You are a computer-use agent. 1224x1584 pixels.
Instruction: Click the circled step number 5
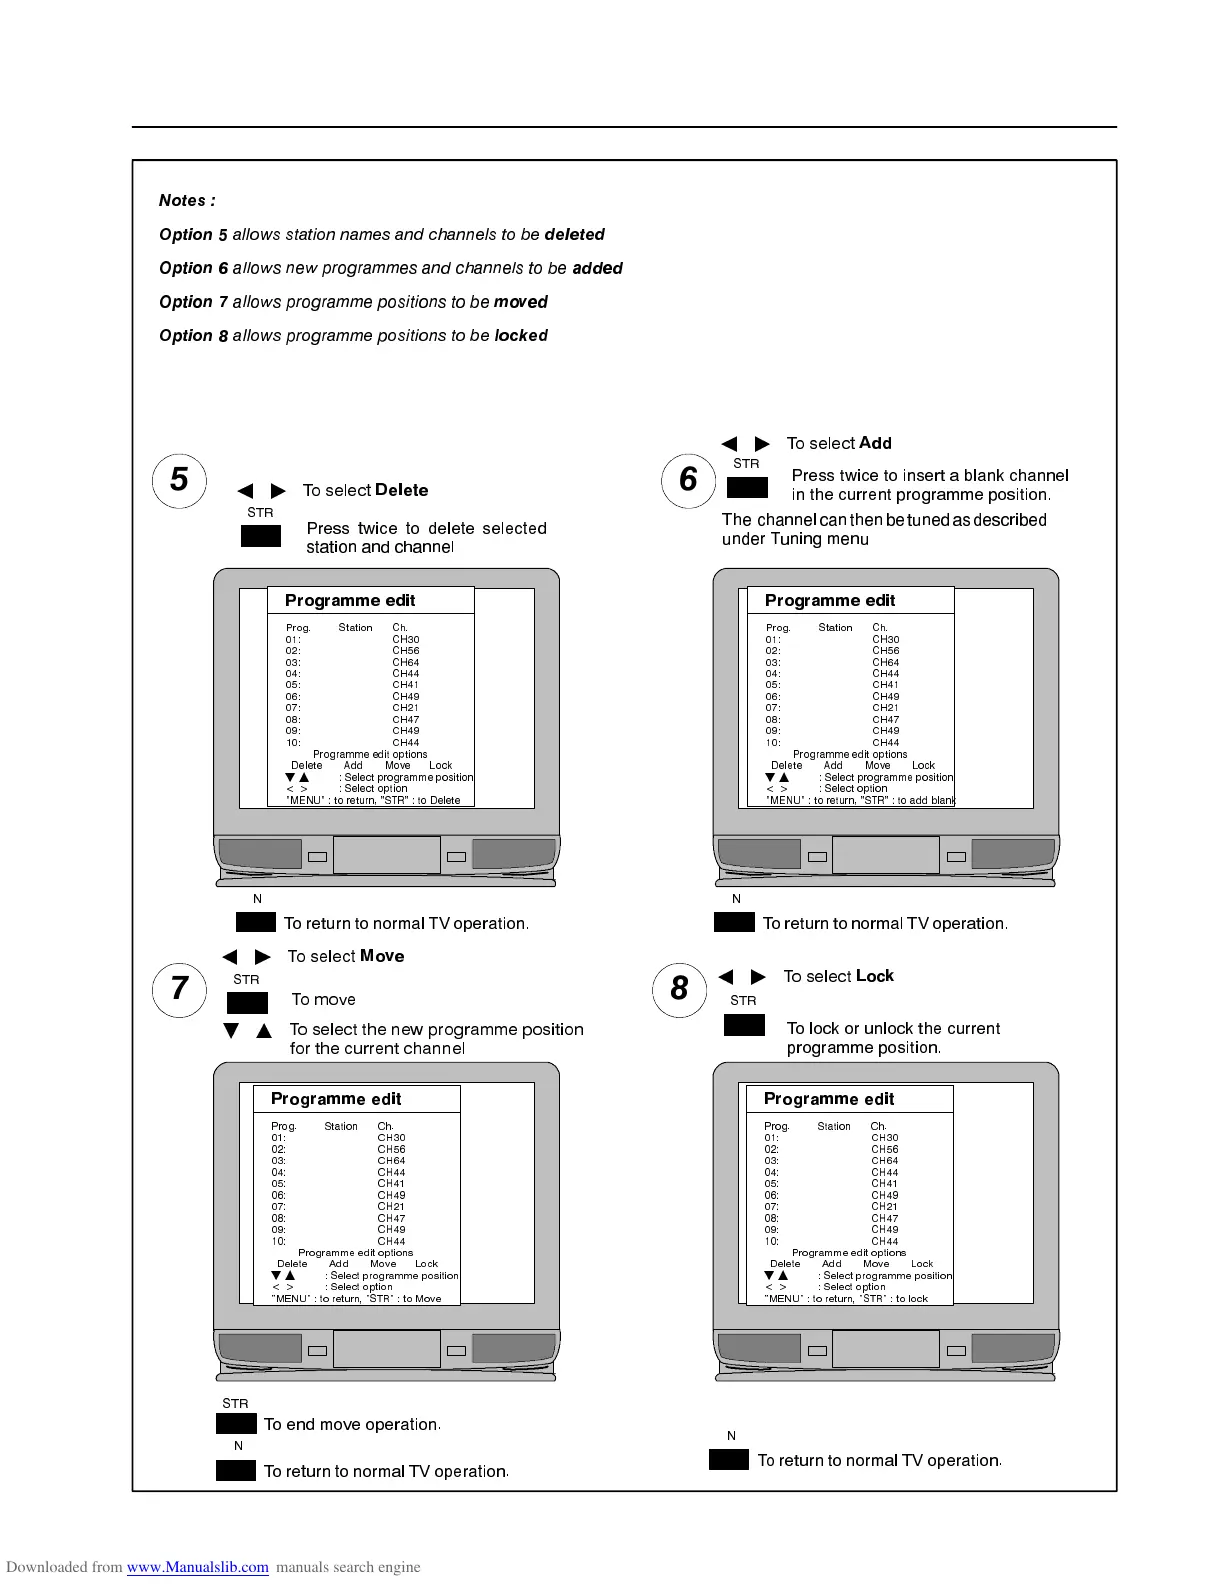click(x=179, y=481)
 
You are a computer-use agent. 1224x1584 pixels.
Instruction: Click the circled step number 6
click(x=688, y=481)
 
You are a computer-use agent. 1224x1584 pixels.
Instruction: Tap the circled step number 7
click(x=179, y=989)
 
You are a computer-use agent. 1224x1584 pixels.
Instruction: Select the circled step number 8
click(x=679, y=989)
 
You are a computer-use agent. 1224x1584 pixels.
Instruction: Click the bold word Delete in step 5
click(x=401, y=490)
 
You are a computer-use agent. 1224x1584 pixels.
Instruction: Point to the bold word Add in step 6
click(x=875, y=443)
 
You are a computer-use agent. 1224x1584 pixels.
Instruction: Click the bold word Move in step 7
click(x=382, y=956)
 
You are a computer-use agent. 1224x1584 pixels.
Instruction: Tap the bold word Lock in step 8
click(x=875, y=976)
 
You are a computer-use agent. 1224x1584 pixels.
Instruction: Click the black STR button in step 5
click(x=261, y=536)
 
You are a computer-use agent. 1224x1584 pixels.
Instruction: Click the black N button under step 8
click(x=729, y=1460)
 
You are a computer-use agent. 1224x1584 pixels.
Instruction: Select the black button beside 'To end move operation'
click(x=236, y=1424)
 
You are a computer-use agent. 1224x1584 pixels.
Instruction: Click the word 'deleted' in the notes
click(x=574, y=235)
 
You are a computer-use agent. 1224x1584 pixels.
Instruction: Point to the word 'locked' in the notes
click(x=521, y=336)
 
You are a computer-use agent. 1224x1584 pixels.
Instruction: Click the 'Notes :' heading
click(x=187, y=201)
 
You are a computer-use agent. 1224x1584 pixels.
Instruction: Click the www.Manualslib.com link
click(x=198, y=1567)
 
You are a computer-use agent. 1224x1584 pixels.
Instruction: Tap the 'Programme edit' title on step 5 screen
click(x=350, y=600)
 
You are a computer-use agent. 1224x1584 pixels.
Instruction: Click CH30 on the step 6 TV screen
click(x=885, y=639)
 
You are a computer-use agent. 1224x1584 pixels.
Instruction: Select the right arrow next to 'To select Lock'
click(x=759, y=977)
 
